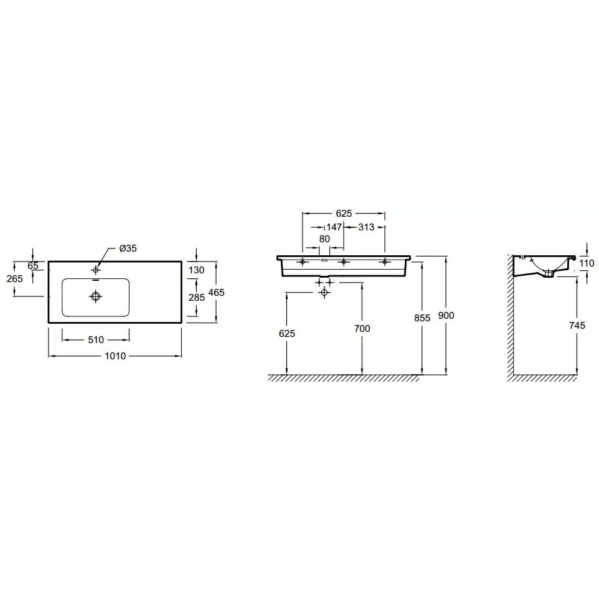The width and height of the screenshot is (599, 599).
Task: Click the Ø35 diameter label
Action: tap(128, 248)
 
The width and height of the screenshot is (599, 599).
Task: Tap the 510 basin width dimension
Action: tap(96, 340)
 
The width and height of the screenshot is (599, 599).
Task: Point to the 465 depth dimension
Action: tap(217, 292)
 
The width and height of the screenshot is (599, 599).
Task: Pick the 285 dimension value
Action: tap(197, 298)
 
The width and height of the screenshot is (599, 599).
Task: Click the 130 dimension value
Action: tap(197, 270)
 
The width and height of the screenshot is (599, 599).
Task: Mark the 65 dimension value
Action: tap(33, 266)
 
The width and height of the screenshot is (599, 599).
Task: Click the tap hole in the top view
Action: tap(95, 270)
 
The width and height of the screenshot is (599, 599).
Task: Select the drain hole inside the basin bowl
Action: tap(95, 298)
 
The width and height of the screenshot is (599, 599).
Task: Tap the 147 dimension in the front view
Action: tap(334, 227)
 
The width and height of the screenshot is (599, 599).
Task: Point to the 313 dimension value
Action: tap(366, 227)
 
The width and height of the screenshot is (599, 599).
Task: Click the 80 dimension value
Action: tap(324, 239)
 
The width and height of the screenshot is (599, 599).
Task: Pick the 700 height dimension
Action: tap(361, 328)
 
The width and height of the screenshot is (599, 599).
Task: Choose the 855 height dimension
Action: tap(422, 318)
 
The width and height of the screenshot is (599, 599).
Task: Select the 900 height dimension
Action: tap(446, 316)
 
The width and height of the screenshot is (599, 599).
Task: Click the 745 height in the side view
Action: tap(577, 325)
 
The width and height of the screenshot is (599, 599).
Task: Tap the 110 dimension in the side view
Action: tap(587, 263)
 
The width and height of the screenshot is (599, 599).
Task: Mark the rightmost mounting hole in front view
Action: tap(384, 262)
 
